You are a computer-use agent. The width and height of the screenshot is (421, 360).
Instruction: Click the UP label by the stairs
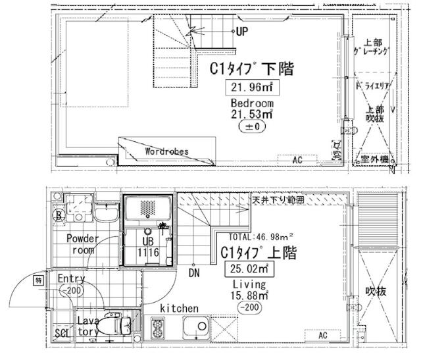pos(242,31)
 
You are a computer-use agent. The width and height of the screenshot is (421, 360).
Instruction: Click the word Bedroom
pos(252,103)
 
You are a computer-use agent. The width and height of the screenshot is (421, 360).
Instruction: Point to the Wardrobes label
pos(166,151)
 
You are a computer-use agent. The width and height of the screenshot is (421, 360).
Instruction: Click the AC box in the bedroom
pos(297,160)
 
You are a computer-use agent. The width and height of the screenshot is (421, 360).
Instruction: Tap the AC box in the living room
pos(323,335)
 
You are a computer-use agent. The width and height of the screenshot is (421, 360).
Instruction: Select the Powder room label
pos(82,244)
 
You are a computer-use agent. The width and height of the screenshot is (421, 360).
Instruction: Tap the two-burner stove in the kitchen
pos(159,328)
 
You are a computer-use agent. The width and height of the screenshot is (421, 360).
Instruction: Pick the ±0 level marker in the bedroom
pos(251,127)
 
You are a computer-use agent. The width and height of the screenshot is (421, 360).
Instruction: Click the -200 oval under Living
pos(249,307)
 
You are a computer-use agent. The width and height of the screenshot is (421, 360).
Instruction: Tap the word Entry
pos(72,278)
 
